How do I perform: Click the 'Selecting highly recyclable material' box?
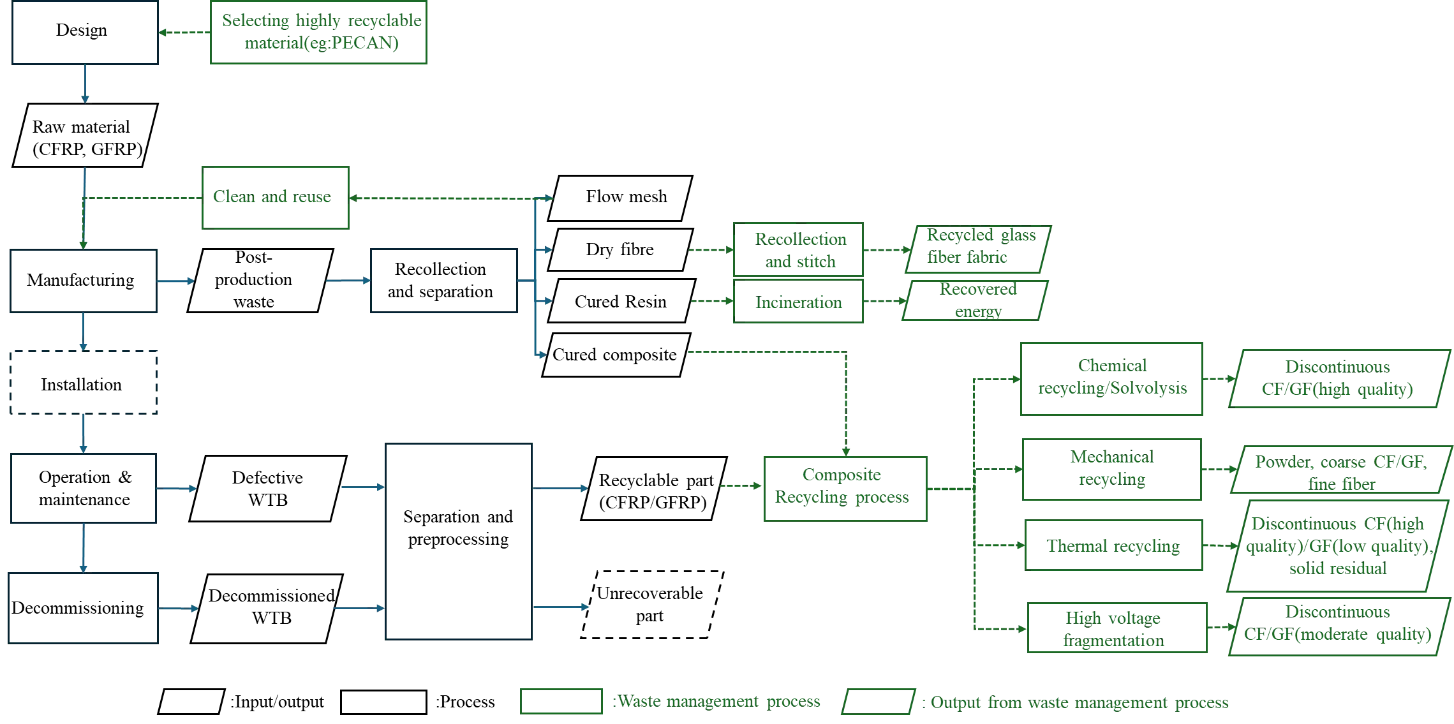pyautogui.click(x=318, y=33)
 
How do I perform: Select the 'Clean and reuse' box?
pyautogui.click(x=275, y=196)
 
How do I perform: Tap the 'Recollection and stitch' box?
pyautogui.click(x=799, y=249)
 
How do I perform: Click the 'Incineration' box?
pyautogui.click(x=799, y=303)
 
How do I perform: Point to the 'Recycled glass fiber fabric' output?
pyautogui.click(x=979, y=247)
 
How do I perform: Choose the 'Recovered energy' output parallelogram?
pyautogui.click(x=976, y=299)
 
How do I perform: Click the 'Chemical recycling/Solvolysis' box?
pyautogui.click(x=1111, y=379)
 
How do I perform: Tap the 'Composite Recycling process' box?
pyautogui.click(x=843, y=489)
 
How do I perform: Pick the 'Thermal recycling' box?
pyautogui.click(x=1112, y=545)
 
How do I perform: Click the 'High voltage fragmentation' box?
pyautogui.click(x=1116, y=628)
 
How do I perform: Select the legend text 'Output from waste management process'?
pyautogui.click(x=1078, y=702)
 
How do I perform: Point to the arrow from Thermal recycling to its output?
pyautogui.click(x=1220, y=546)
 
